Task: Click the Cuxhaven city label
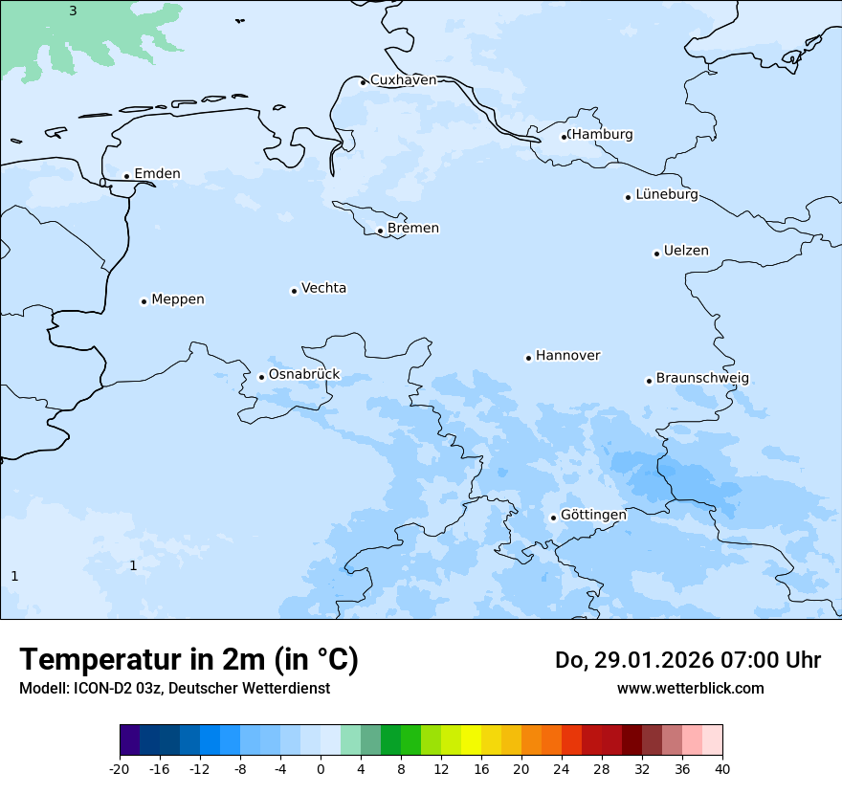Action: pyautogui.click(x=403, y=80)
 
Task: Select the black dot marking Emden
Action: pyautogui.click(x=126, y=176)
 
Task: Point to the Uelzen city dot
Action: pyautogui.click(x=656, y=254)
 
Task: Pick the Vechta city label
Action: pyautogui.click(x=323, y=288)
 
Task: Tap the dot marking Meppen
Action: pyautogui.click(x=144, y=301)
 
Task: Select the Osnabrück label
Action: pyautogui.click(x=303, y=375)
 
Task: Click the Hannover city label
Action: pyautogui.click(x=567, y=356)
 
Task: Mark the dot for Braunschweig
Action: pyautogui.click(x=649, y=381)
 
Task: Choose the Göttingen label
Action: pyautogui.click(x=593, y=515)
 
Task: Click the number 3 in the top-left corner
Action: pyautogui.click(x=73, y=11)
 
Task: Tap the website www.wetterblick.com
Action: pyautogui.click(x=690, y=689)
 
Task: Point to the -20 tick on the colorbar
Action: pyautogui.click(x=120, y=769)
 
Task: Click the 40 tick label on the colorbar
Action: pyautogui.click(x=722, y=769)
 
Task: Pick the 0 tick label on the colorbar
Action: pyautogui.click(x=321, y=769)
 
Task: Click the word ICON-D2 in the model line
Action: pyautogui.click(x=103, y=689)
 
